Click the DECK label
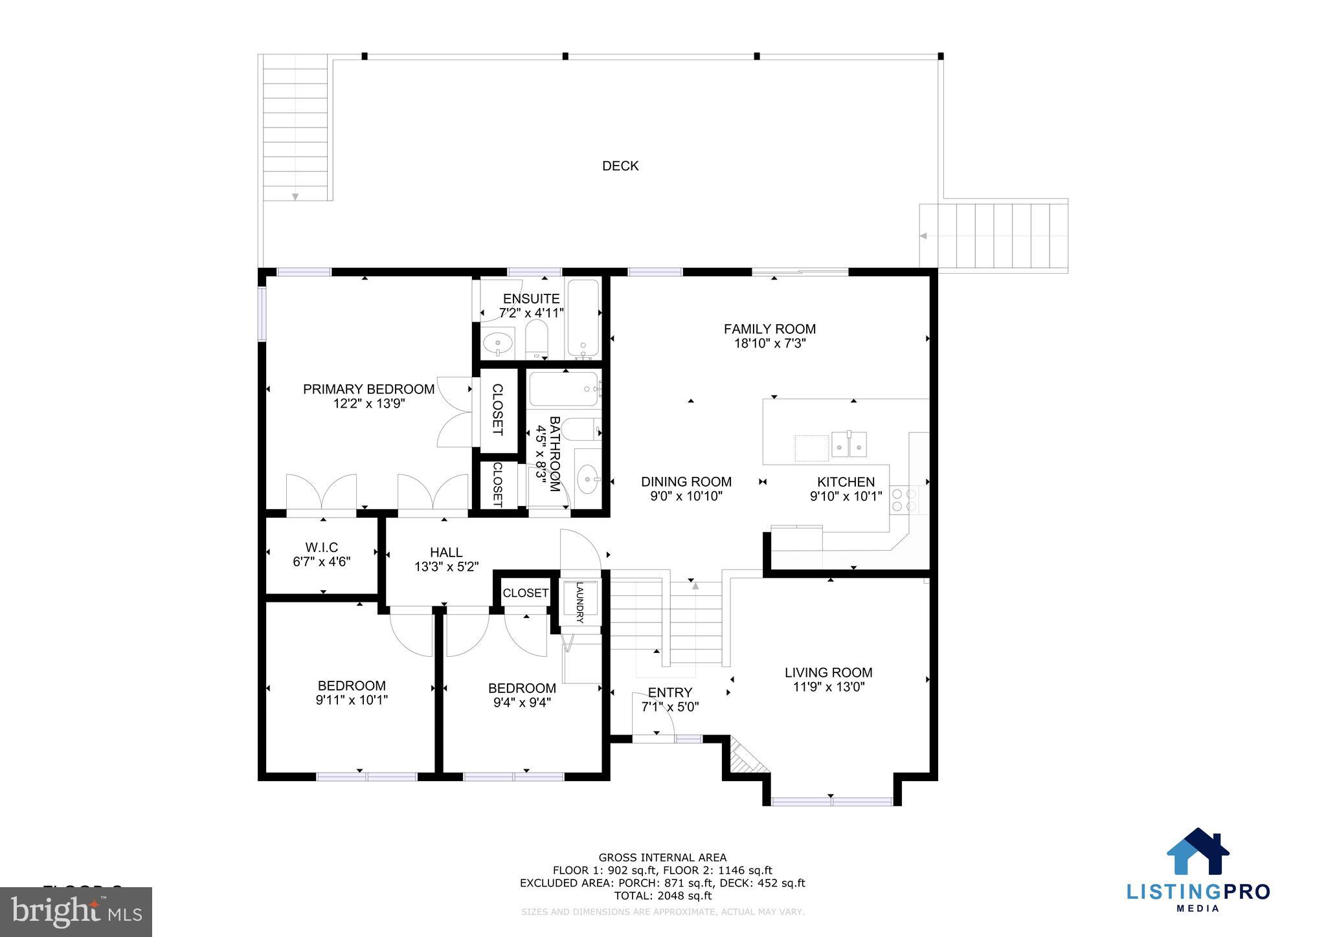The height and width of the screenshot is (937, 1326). pyautogui.click(x=620, y=166)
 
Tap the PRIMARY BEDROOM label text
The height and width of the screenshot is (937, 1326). pyautogui.click(x=368, y=389)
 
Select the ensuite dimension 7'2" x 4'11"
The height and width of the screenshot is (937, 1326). pyautogui.click(x=531, y=313)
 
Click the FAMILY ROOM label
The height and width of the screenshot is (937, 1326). pyautogui.click(x=769, y=329)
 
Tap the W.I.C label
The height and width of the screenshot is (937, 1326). pyautogui.click(x=322, y=547)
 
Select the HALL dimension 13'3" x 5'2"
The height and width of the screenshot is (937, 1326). pyautogui.click(x=446, y=567)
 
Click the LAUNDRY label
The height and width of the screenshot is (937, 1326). pyautogui.click(x=579, y=602)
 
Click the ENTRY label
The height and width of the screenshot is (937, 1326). pyautogui.click(x=669, y=692)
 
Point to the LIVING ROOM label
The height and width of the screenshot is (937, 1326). pyautogui.click(x=828, y=672)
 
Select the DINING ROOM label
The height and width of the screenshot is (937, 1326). pyautogui.click(x=686, y=481)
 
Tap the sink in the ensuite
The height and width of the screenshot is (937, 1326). pyautogui.click(x=498, y=341)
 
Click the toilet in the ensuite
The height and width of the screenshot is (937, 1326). pyautogui.click(x=536, y=340)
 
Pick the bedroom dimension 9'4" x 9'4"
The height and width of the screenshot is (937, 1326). pyautogui.click(x=522, y=702)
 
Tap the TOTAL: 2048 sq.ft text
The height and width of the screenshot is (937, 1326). pyautogui.click(x=662, y=896)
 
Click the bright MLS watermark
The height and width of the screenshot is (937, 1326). pyautogui.click(x=76, y=912)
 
